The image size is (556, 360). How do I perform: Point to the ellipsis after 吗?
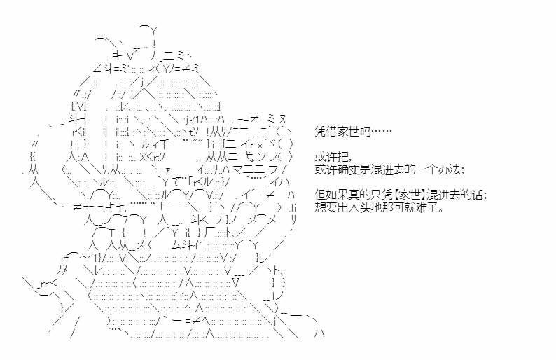(381, 132)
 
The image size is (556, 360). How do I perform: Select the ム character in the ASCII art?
(177, 244)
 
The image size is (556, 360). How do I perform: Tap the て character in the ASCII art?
(177, 182)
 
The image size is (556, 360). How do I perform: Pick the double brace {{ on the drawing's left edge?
(33, 157)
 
